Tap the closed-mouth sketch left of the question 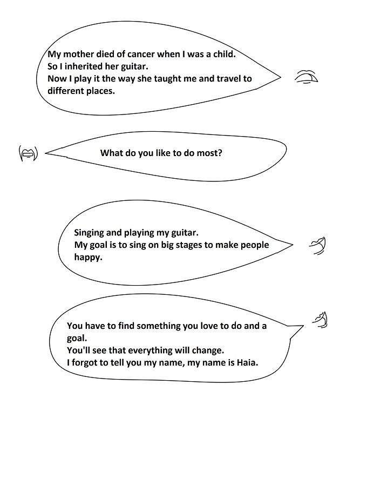click(x=28, y=153)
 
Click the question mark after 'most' click(x=220, y=153)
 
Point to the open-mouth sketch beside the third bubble click(x=317, y=246)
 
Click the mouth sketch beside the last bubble click(x=320, y=320)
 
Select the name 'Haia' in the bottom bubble click(x=247, y=362)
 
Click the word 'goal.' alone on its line click(x=77, y=338)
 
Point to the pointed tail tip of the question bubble click(x=45, y=153)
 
